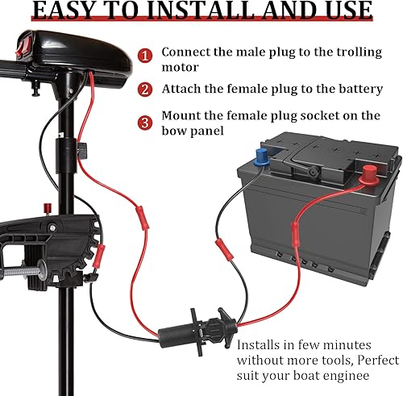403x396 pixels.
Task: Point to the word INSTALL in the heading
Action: point(214,10)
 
